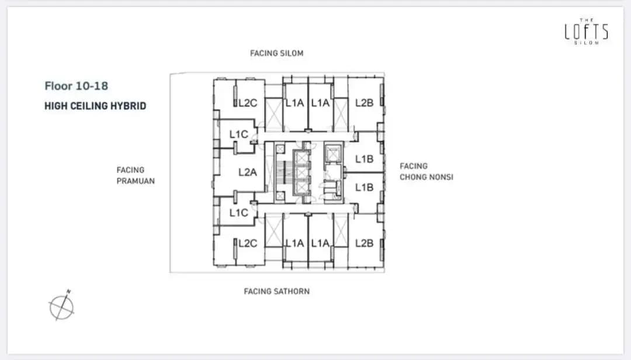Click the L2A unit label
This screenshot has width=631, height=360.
[x=248, y=172]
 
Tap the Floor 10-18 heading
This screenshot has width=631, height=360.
[x=76, y=86]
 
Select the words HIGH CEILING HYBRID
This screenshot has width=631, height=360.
[x=95, y=106]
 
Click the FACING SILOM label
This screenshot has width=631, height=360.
[x=277, y=53]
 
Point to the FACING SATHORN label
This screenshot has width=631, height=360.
[x=277, y=291]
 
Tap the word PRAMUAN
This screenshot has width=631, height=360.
[x=136, y=181]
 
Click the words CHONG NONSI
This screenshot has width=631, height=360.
[x=427, y=176]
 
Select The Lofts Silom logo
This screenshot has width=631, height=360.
[x=587, y=32]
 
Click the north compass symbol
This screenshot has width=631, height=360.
[x=61, y=306]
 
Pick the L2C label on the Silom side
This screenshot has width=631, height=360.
[x=248, y=103]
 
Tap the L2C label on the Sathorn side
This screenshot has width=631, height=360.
[x=248, y=243]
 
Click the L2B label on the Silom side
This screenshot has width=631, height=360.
[x=364, y=103]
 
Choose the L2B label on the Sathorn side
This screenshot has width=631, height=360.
[x=364, y=243]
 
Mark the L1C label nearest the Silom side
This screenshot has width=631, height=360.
[x=238, y=134]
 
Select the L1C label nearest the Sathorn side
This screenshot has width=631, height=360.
[x=238, y=213]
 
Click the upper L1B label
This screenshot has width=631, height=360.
[x=364, y=159]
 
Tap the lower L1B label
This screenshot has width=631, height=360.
[x=364, y=187]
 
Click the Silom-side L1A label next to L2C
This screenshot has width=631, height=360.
[x=294, y=103]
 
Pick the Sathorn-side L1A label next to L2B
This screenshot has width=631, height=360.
[x=320, y=243]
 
